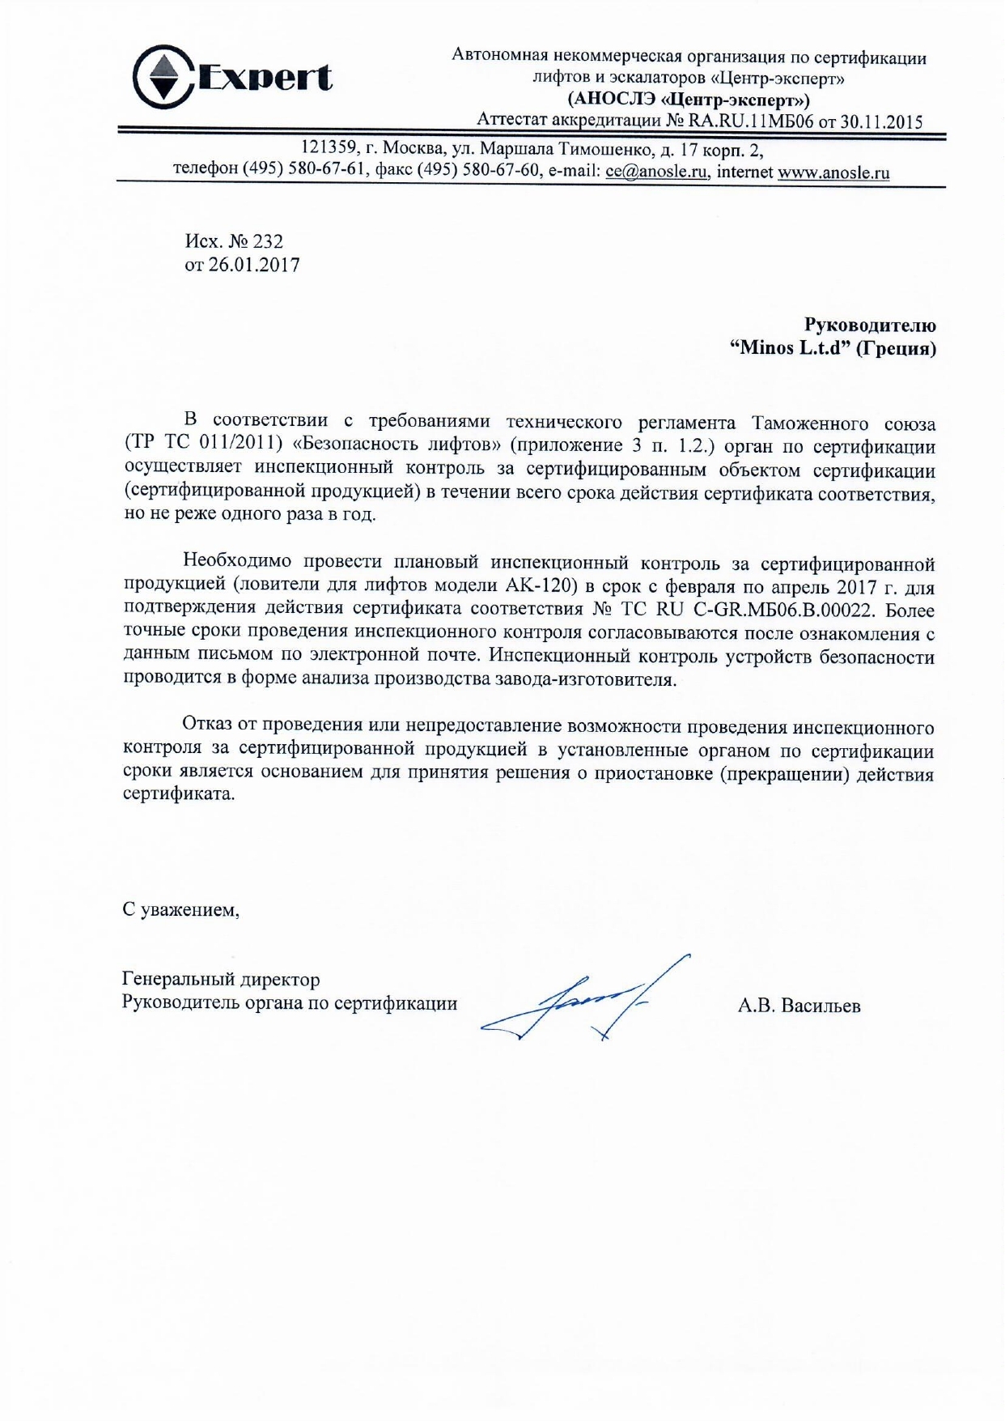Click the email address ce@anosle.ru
pyautogui.click(x=657, y=172)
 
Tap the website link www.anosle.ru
pyautogui.click(x=833, y=172)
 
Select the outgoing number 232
pyautogui.click(x=268, y=241)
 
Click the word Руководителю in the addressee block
pyautogui.click(x=870, y=325)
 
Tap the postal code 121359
pyautogui.click(x=329, y=150)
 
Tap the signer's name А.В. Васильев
pyautogui.click(x=799, y=1006)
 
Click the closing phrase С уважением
pyautogui.click(x=180, y=910)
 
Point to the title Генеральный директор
pyautogui.click(x=221, y=980)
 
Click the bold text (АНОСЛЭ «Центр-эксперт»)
pyautogui.click(x=689, y=100)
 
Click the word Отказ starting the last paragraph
pyautogui.click(x=210, y=725)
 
